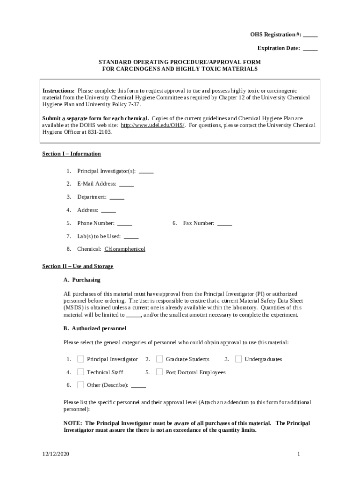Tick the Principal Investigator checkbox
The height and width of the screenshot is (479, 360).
coord(80,359)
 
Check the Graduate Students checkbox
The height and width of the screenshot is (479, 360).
coord(159,359)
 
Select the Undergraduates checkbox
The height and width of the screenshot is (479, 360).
coord(238,359)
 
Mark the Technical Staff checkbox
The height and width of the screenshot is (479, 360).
coord(80,372)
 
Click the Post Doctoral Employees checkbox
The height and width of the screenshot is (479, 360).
coord(159,372)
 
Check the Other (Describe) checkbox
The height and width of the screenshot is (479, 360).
coord(80,385)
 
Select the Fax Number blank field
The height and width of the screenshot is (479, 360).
coord(224,224)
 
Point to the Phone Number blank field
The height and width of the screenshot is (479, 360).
coord(124,224)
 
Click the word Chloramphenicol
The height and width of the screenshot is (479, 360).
coord(125,249)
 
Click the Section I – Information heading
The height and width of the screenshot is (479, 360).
coord(72,154)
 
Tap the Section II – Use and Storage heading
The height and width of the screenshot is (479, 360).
coord(78,266)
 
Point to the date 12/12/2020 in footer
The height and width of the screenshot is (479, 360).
coord(55,454)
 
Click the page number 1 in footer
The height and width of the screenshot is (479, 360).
coord(298,454)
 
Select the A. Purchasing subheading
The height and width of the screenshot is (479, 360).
coord(82,280)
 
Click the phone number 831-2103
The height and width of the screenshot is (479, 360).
coord(100,132)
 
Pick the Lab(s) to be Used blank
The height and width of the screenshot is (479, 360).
coord(131,237)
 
